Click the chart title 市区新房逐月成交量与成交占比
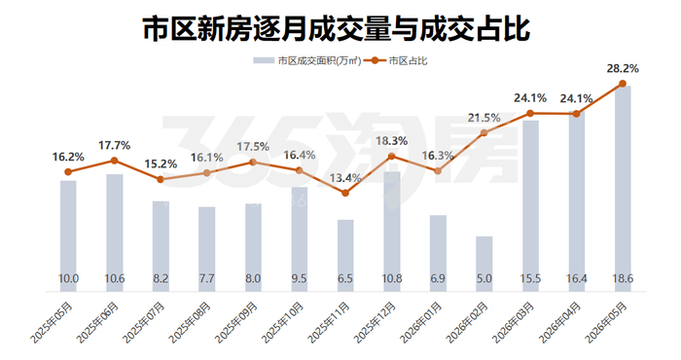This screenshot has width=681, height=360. coord(337,29)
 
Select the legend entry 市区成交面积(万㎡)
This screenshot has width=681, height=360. coord(307,60)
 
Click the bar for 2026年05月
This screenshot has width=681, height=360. coord(623,189)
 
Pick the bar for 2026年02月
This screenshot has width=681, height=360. coord(484,264)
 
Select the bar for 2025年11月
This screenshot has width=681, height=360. coord(345,255)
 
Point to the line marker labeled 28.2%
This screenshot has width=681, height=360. coord(623,84)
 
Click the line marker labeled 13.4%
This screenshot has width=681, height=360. coord(345,193)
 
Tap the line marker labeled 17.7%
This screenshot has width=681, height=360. coord(114,161)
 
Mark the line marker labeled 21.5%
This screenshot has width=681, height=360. coord(484,133)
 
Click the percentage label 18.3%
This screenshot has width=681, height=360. coord(391,141)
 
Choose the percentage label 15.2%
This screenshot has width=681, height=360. coord(161,164)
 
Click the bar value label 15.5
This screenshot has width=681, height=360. coord(530,278)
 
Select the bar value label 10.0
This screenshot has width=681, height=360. coord(68,278)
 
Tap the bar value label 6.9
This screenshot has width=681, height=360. coord(438,278)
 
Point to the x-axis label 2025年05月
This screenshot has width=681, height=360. coord(52,323)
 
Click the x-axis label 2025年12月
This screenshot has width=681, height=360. coord(376,323)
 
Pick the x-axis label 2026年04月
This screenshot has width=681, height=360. coord(560,323)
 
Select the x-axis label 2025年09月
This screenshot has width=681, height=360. coord(236,323)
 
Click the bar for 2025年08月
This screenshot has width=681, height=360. coord(206,249)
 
